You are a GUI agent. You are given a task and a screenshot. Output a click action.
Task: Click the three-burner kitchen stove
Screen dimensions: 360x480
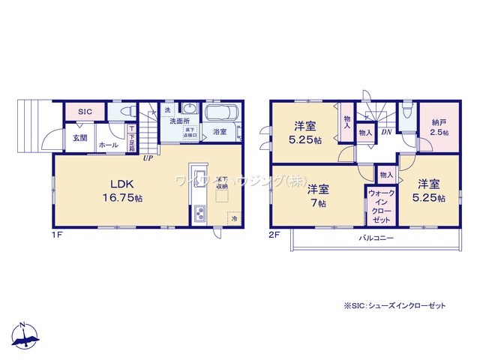200,214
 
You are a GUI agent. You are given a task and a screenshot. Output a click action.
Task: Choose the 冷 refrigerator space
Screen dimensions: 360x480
233,217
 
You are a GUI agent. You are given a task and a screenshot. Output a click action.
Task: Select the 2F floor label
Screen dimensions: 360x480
277,235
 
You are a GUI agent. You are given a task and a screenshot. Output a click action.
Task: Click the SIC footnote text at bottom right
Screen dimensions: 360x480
394,306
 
